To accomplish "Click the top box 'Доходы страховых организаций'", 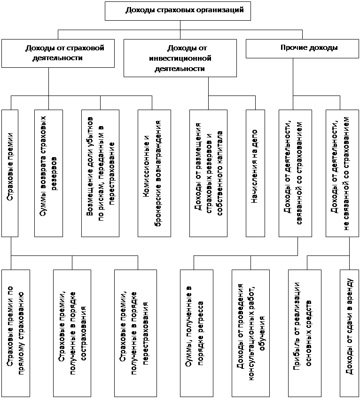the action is click(x=178, y=11).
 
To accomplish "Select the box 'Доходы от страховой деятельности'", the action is click(x=58, y=53).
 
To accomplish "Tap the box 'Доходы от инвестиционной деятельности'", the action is click(x=180, y=58).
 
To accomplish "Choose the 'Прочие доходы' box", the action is click(x=303, y=48).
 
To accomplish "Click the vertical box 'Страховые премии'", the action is click(x=10, y=174).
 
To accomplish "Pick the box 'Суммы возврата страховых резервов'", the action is click(x=49, y=174).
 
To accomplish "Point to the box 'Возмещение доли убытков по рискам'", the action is click(x=101, y=174).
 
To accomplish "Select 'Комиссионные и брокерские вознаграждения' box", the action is click(x=155, y=174).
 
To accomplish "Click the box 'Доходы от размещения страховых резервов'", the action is click(x=208, y=174).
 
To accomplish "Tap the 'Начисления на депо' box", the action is click(x=255, y=174).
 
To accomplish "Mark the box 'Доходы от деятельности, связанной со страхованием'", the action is click(x=295, y=174).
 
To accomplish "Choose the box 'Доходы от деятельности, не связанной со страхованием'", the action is click(x=342, y=174).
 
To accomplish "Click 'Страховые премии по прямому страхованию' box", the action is click(x=16, y=333).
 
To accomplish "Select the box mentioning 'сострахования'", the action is click(x=72, y=333).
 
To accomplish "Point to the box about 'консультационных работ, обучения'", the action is click(x=251, y=333).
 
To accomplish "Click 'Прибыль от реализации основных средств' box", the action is click(x=305, y=333).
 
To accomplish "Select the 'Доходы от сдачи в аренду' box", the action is click(x=349, y=333).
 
